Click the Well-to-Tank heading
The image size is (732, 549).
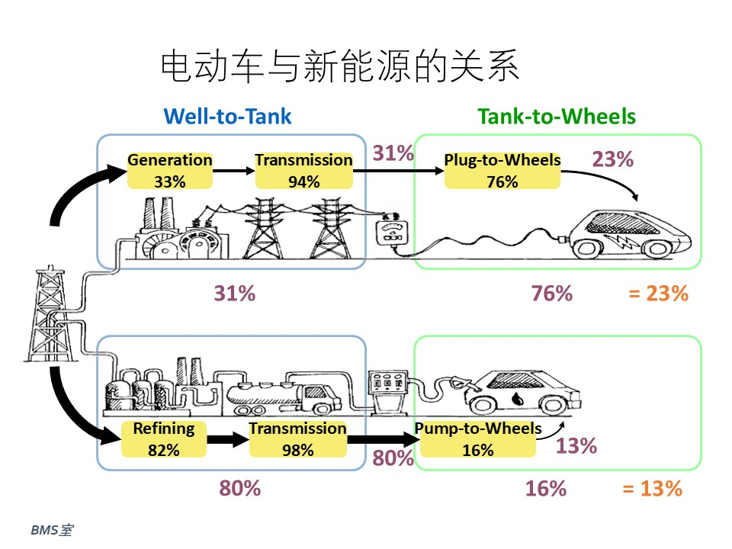pyautogui.click(x=227, y=116)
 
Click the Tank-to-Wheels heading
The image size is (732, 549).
pyautogui.click(x=557, y=116)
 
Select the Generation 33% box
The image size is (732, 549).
pyautogui.click(x=170, y=171)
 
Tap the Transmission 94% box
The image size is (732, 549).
pyautogui.click(x=304, y=171)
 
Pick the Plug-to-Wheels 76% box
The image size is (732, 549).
pyautogui.click(x=502, y=171)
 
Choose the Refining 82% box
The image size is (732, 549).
pyautogui.click(x=164, y=439)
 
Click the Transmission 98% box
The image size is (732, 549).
pyautogui.click(x=298, y=439)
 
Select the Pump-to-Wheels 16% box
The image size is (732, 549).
pyautogui.click(x=478, y=439)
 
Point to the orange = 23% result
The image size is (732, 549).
pyautogui.click(x=658, y=294)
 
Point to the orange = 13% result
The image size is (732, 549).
pyautogui.click(x=652, y=489)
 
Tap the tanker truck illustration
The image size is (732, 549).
pyautogui.click(x=284, y=398)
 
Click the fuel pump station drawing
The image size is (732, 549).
pyautogui.click(x=387, y=392)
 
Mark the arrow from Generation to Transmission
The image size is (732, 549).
pyautogui.click(x=234, y=171)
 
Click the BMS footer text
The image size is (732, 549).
pyautogui.click(x=52, y=531)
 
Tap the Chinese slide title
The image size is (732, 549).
pyautogui.click(x=340, y=66)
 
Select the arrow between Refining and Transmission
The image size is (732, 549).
pyautogui.click(x=228, y=439)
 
